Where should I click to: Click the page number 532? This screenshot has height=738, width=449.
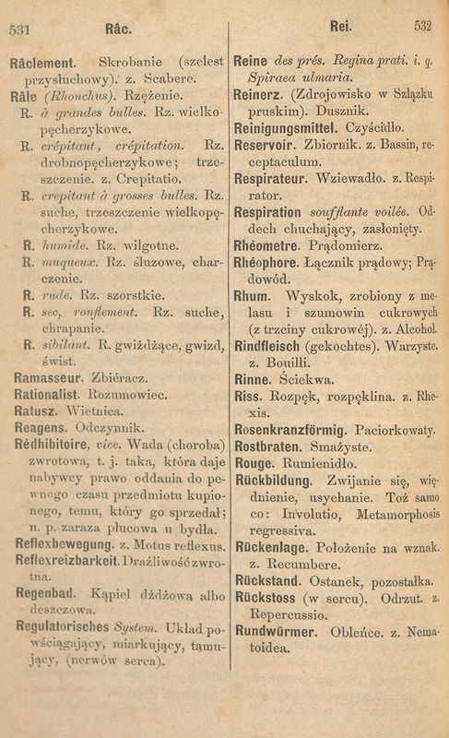pyautogui.click(x=422, y=27)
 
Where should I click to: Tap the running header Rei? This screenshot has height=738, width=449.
pyautogui.click(x=334, y=27)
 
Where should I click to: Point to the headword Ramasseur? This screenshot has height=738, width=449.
pyautogui.click(x=46, y=379)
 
